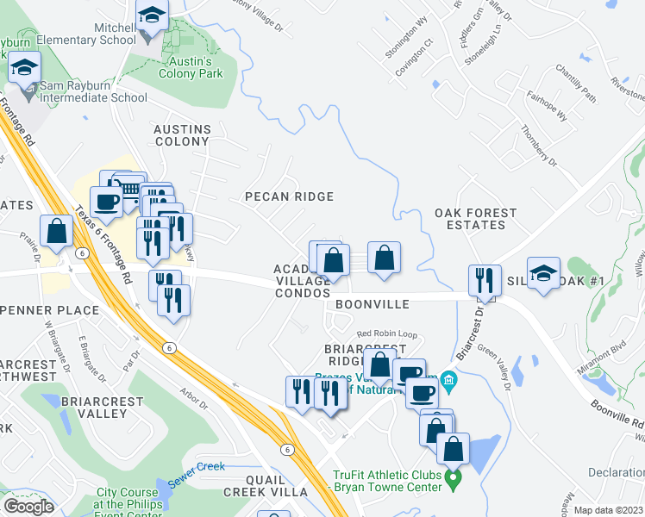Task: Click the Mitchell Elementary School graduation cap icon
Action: (x=152, y=16)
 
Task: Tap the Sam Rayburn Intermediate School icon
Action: (x=24, y=67)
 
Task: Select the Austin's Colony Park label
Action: (x=191, y=67)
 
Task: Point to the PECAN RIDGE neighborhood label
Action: (x=289, y=196)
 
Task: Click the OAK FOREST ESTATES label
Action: (x=475, y=219)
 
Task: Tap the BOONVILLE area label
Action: (x=372, y=305)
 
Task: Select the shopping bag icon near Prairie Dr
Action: (x=56, y=231)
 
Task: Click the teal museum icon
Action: (x=447, y=379)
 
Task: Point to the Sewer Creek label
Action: (x=197, y=467)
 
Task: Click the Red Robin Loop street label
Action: (x=387, y=333)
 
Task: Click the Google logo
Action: (x=28, y=506)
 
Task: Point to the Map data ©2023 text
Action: (x=608, y=509)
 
